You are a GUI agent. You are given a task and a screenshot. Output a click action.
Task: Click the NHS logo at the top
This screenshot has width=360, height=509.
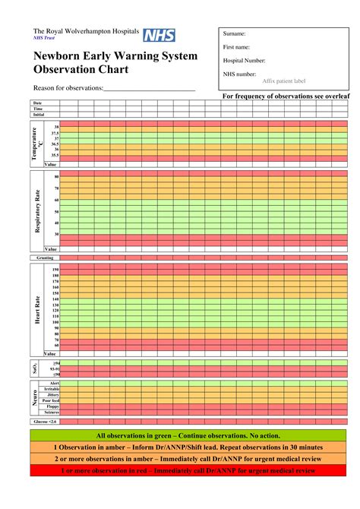159,35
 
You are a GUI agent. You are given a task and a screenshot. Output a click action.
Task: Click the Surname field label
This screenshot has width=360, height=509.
235,34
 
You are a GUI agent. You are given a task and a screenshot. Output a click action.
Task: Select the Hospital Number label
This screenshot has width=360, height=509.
244,60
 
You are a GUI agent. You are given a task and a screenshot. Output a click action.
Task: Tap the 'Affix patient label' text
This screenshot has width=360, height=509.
284,81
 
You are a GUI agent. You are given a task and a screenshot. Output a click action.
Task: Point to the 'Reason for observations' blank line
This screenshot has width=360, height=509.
149,89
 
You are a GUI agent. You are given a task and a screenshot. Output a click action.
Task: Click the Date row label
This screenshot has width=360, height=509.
38,103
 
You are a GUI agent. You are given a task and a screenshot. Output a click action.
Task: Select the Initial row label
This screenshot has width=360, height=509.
38,115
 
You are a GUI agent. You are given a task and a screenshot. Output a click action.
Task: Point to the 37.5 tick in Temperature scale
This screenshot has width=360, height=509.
55,132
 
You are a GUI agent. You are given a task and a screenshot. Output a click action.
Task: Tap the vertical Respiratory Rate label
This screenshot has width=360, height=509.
36,210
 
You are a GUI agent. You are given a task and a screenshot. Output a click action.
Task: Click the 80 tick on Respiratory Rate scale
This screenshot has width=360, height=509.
56,176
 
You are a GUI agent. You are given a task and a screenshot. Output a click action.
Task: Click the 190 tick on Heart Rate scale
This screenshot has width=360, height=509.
55,270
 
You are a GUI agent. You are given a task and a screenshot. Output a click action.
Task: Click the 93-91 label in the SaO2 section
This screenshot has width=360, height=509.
53,369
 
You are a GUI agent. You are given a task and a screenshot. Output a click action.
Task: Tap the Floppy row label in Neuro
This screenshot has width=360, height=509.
53,406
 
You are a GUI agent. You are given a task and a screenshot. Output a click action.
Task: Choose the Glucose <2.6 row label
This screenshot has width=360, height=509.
45,421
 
